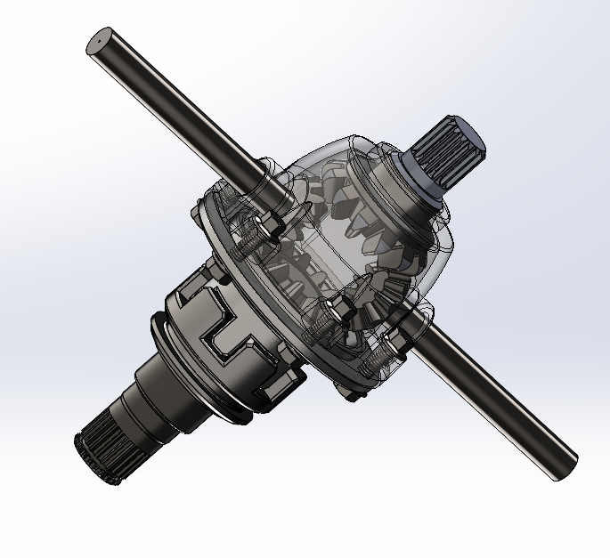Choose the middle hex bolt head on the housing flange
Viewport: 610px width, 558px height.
click(x=338, y=311)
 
